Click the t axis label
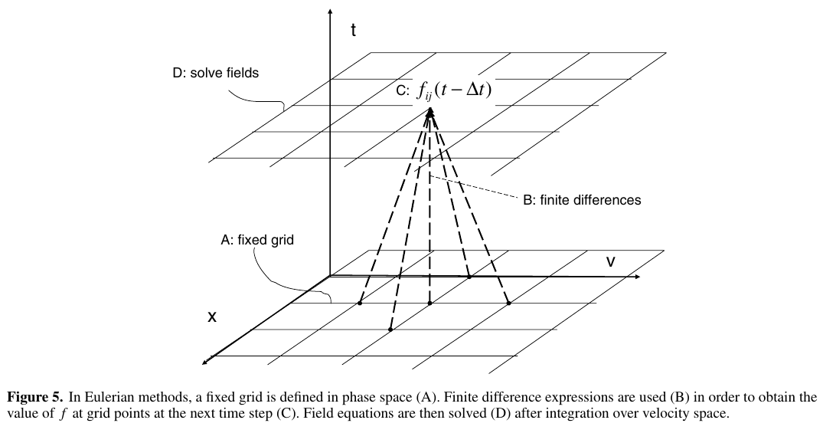[353, 31]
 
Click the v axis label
[611, 262]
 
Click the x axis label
[211, 316]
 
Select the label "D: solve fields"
[215, 74]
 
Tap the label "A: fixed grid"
[257, 240]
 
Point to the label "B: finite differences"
[582, 200]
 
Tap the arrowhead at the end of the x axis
[205, 359]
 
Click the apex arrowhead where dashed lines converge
[430, 112]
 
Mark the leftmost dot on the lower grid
[359, 303]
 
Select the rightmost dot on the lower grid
[508, 303]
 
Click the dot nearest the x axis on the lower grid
[390, 330]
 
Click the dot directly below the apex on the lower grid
[429, 303]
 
